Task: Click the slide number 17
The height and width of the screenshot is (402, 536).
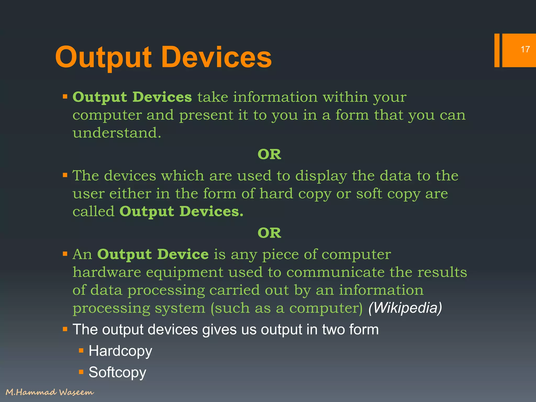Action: pyautogui.click(x=525, y=49)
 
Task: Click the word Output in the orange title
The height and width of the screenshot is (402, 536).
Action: pyautogui.click(x=103, y=57)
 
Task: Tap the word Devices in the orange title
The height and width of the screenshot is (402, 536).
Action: pyautogui.click(x=216, y=57)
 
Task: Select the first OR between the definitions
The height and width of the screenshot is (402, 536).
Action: pyautogui.click(x=269, y=154)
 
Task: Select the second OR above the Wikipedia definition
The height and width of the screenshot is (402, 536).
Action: pyautogui.click(x=269, y=233)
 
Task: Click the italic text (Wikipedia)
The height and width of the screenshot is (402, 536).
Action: pyautogui.click(x=405, y=308)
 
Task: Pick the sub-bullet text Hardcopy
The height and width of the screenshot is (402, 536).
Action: pyautogui.click(x=120, y=351)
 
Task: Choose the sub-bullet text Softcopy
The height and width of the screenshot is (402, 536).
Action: pyautogui.click(x=117, y=372)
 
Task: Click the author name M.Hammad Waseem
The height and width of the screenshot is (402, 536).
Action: pyautogui.click(x=50, y=392)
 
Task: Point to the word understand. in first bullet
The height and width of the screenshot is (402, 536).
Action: pyautogui.click(x=117, y=133)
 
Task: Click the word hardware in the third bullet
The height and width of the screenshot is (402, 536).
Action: pyautogui.click(x=107, y=272)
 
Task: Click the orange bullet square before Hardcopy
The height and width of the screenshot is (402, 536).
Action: pyautogui.click(x=81, y=350)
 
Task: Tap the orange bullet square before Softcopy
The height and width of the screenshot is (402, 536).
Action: pyautogui.click(x=81, y=372)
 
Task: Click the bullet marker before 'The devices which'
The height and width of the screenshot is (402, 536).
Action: pyautogui.click(x=65, y=175)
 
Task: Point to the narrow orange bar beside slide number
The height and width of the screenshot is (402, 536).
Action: pyautogui.click(x=497, y=50)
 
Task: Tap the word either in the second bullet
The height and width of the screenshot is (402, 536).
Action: pyautogui.click(x=130, y=194)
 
